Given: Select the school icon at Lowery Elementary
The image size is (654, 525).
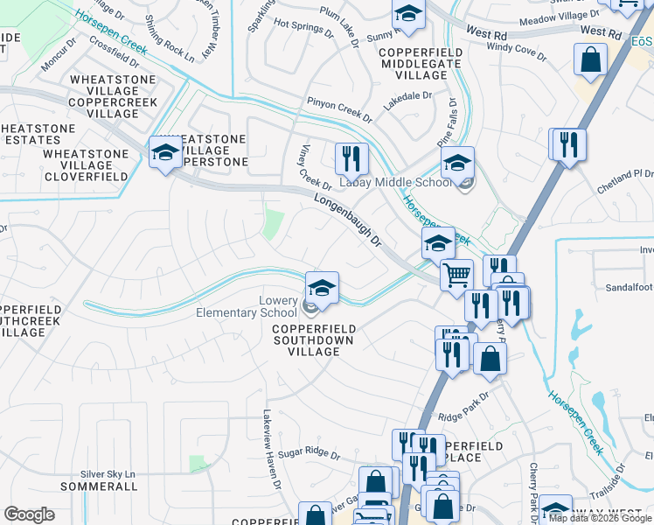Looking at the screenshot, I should [321, 289].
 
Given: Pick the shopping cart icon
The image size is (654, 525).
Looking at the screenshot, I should [456, 276].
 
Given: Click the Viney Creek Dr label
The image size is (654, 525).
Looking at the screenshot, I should [316, 167].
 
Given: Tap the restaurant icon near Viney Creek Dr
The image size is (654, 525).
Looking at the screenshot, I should [351, 159].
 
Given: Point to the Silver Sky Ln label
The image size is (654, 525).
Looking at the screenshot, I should [109, 473].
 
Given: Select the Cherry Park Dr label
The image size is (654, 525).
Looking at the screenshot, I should [532, 486].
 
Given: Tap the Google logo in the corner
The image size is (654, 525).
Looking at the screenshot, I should [29, 514].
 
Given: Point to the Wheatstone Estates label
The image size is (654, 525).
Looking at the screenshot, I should [38, 134].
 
